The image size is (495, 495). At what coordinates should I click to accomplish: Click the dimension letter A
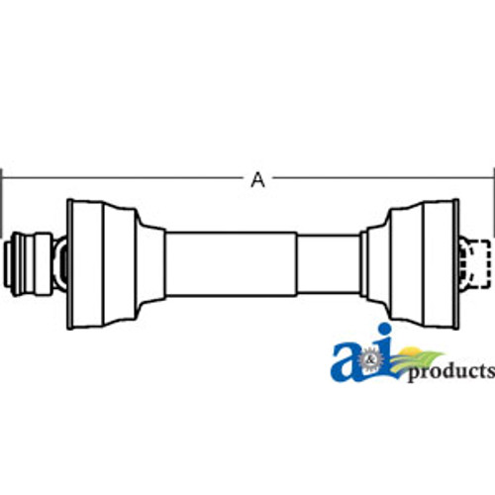point(257,179)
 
